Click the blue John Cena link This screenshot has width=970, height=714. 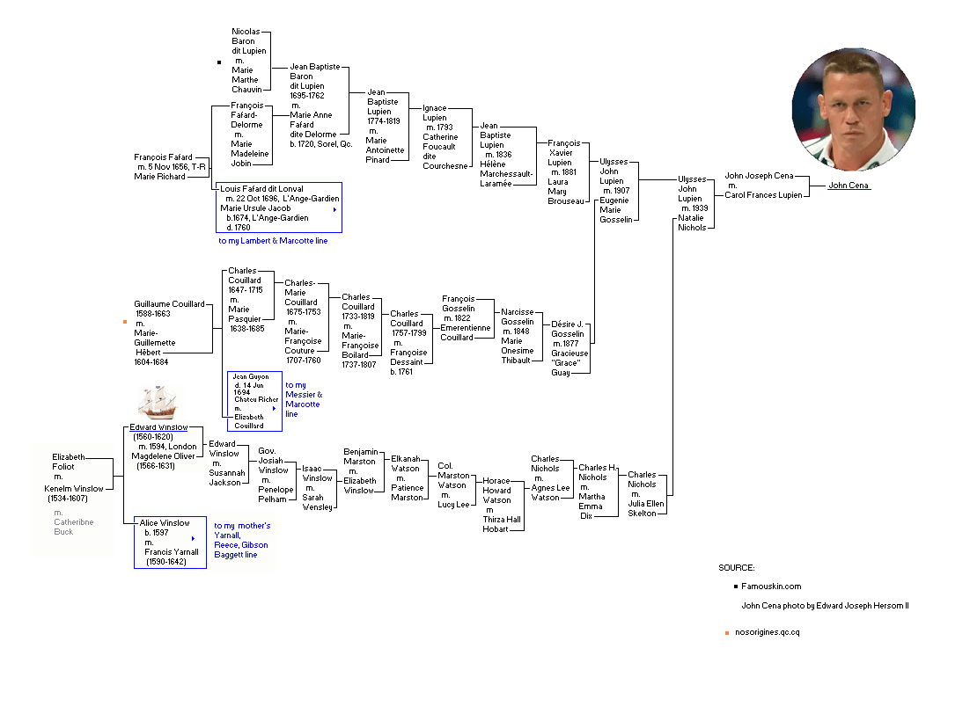coord(849,186)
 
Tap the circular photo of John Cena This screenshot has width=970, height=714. coord(853,109)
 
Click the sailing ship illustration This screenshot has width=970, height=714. coord(158,403)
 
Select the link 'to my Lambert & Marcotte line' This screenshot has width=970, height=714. coord(273,241)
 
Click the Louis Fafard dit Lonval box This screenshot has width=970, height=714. coord(278,208)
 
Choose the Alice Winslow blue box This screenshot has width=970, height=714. coord(170,543)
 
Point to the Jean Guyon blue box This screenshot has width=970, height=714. coord(255,401)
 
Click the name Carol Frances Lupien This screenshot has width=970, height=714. coord(763,195)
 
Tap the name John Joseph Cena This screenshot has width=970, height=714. coord(759,176)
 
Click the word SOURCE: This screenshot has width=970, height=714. coord(736,567)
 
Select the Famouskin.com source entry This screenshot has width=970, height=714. coord(771,586)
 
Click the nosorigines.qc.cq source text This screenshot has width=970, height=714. coord(767,632)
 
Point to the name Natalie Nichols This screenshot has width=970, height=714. coord(692,222)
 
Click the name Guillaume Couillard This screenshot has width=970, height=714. coord(169,304)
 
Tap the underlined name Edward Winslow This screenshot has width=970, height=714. coord(158,427)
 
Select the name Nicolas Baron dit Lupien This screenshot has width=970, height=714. coord(249,41)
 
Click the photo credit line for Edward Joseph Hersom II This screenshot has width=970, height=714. coord(826,606)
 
